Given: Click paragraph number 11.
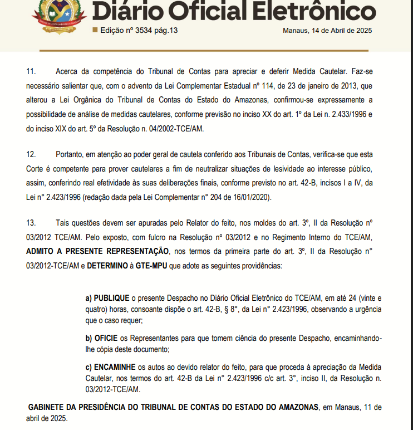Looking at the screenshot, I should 31,72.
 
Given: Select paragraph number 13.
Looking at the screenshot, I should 31,223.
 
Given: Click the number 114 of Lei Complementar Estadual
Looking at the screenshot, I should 243,86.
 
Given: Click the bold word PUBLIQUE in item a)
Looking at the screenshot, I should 111,299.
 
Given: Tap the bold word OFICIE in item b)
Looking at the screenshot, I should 106,339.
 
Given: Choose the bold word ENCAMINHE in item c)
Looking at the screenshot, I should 115,367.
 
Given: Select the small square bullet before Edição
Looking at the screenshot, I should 95,30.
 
